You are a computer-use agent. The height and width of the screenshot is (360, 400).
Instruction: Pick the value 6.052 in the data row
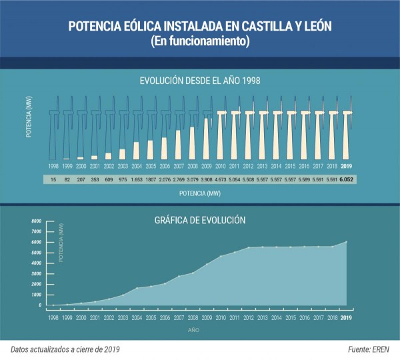[346, 180]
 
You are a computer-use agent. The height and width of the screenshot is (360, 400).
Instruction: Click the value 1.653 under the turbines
[136, 180]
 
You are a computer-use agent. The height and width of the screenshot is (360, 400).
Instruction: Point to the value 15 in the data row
[53, 180]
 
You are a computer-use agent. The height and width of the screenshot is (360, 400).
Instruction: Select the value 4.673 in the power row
[220, 180]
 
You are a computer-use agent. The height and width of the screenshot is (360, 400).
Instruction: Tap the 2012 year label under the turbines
[248, 166]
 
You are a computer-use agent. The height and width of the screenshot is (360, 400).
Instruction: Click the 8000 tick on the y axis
[35, 220]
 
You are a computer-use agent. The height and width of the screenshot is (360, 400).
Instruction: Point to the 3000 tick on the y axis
[35, 273]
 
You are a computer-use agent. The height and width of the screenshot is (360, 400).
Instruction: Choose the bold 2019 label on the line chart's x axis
[346, 318]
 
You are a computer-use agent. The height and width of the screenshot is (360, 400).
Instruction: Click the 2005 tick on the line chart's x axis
[150, 318]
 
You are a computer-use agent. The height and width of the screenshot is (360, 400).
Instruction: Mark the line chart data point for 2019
[346, 241]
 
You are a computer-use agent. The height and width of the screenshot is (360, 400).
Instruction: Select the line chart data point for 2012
[248, 247]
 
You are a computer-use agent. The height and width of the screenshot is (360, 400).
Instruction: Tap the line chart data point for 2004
[136, 288]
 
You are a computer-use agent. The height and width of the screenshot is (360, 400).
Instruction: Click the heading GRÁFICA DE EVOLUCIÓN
[199, 219]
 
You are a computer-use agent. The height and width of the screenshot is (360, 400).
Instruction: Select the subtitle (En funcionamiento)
[199, 41]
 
